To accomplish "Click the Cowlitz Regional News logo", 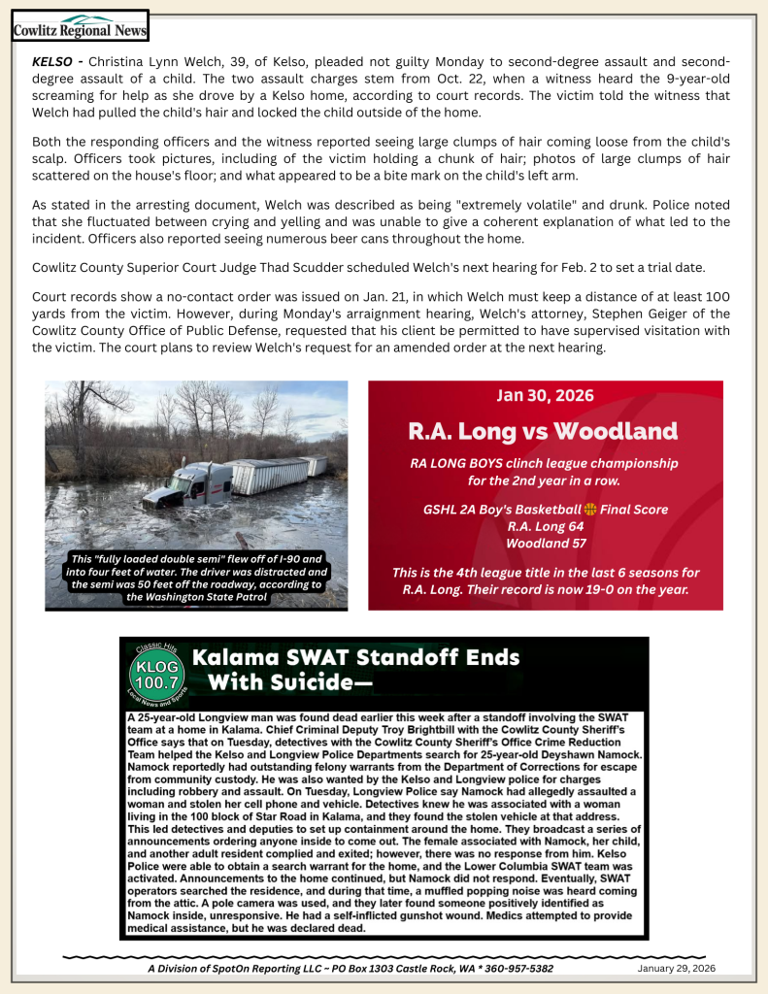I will tap(80, 25).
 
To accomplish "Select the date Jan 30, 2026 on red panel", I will tap(545, 395).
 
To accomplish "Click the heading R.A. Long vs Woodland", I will tap(543, 430).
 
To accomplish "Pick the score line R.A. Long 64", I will tap(544, 526).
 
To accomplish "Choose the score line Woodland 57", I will tap(544, 543).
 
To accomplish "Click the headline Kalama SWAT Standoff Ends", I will tap(356, 657).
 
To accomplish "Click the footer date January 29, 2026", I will tap(676, 968).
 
